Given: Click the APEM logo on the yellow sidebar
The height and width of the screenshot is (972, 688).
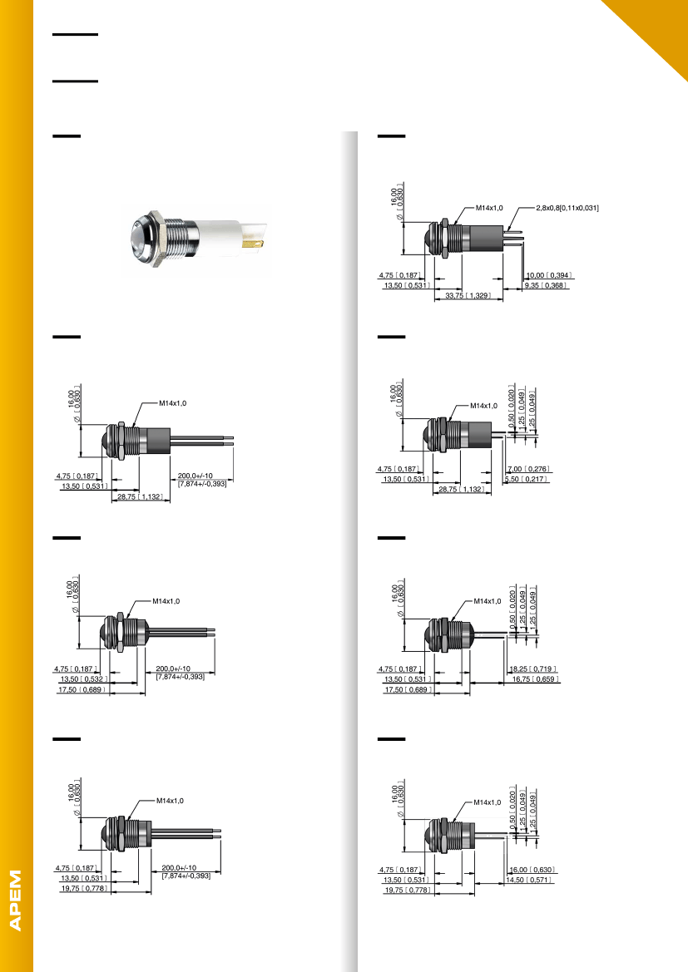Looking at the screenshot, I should tap(17, 900).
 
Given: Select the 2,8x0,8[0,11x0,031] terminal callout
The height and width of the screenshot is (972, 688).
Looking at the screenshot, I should tap(567, 207).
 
